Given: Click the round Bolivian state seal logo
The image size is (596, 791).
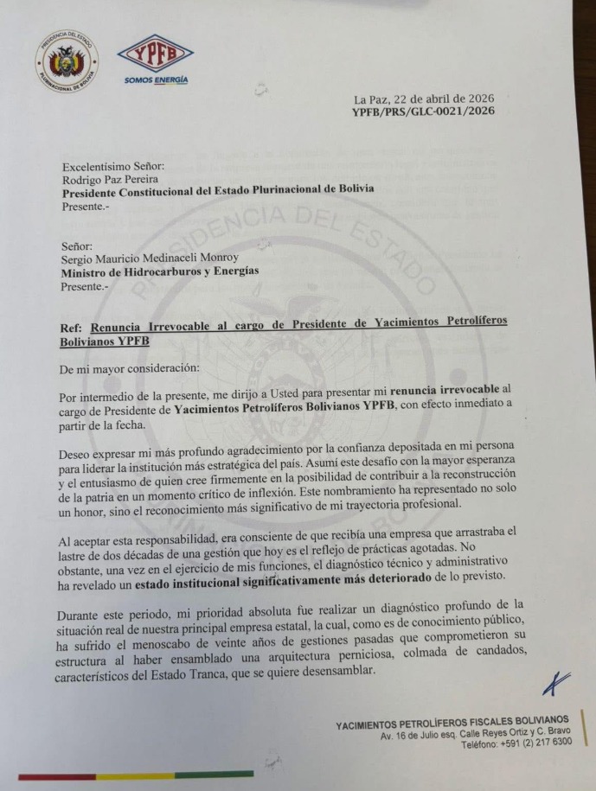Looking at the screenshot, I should pyautogui.click(x=67, y=62).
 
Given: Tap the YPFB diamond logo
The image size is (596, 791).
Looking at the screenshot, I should pyautogui.click(x=155, y=55).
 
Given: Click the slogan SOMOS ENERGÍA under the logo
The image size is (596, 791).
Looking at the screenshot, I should pyautogui.click(x=156, y=80).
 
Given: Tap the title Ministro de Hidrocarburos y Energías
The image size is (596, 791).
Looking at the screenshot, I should pyautogui.click(x=159, y=272).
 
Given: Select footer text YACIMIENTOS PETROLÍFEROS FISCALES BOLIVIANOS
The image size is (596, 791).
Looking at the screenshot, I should pyautogui.click(x=452, y=721).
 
